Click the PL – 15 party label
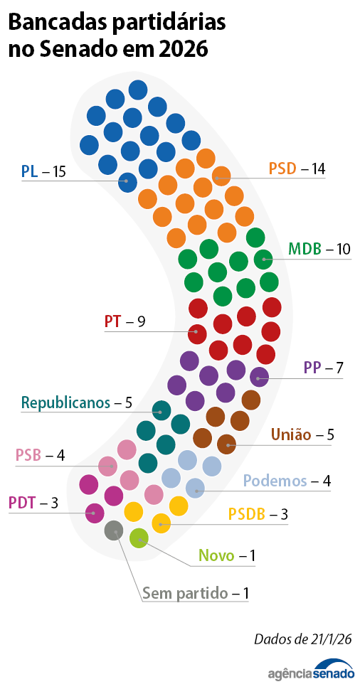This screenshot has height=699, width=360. [43, 171]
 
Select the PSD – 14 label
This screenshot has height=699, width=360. [296, 169]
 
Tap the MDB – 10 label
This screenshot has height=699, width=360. [319, 249]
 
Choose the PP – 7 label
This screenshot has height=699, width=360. [323, 368]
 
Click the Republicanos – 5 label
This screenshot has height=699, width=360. [77, 402]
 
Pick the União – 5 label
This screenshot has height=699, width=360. [302, 434]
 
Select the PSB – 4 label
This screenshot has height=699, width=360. [40, 455]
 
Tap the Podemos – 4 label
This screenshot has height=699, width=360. [287, 481]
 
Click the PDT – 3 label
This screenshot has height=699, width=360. [33, 503]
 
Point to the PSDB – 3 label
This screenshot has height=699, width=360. [258, 513]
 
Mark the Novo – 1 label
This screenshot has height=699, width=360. [226, 555]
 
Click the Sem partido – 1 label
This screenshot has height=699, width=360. [195, 592]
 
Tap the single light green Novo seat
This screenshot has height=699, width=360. [139, 538]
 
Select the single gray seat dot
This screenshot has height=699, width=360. [113, 530]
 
